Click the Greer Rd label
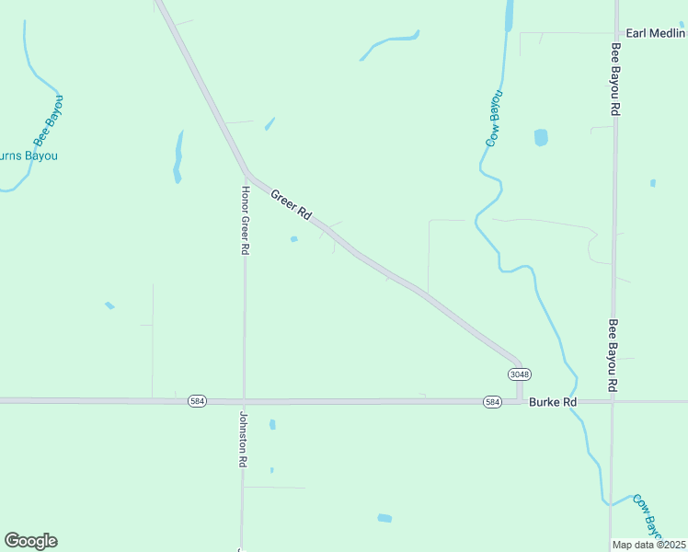291,203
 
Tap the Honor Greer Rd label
246,220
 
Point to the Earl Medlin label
656,33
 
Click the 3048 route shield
519,374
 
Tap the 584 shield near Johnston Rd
197,401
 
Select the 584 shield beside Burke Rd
493,402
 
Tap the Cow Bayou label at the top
495,119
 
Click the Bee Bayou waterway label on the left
50,121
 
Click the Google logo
30,540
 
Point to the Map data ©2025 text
649,545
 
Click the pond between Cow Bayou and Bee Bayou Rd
541,137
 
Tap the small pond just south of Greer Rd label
294,239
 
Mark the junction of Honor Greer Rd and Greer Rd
247,172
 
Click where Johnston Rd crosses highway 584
244,401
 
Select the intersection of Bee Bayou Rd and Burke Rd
613,401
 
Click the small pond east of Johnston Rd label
272,424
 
